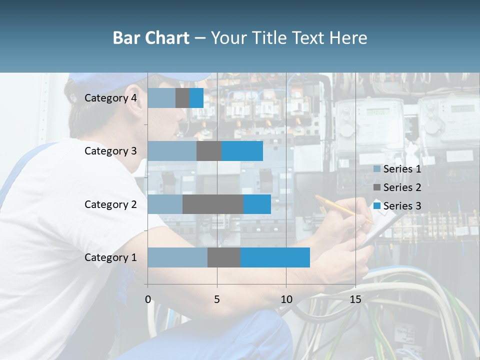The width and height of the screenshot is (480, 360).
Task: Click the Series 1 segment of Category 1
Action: click(x=177, y=257)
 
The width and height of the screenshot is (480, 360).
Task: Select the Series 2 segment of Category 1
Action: click(x=224, y=257)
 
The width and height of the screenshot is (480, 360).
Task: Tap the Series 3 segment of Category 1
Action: click(x=275, y=257)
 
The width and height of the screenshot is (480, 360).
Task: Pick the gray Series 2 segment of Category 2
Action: click(x=213, y=204)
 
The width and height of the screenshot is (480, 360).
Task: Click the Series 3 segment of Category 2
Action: click(x=257, y=204)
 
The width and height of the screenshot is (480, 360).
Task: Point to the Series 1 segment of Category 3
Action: click(x=172, y=151)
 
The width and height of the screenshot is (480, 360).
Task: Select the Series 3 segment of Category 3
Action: click(x=242, y=151)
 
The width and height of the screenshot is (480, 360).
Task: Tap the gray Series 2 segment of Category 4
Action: click(x=182, y=98)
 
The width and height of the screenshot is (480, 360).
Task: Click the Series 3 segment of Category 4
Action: click(x=196, y=98)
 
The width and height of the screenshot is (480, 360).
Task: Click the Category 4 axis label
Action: click(x=110, y=98)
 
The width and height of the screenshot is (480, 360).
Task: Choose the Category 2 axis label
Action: click(x=110, y=204)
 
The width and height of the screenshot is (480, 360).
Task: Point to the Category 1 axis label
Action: click(x=110, y=257)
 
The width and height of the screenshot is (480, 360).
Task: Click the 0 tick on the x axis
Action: click(x=148, y=299)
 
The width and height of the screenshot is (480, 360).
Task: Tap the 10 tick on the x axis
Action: click(x=286, y=299)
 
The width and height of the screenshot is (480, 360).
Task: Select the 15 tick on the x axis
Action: click(x=355, y=299)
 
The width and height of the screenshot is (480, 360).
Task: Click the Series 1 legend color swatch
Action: click(x=377, y=169)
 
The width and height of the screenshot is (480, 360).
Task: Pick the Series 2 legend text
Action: click(x=402, y=187)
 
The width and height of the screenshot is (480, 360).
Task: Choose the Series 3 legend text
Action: click(x=402, y=205)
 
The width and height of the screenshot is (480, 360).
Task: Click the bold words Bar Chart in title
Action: click(x=151, y=38)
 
